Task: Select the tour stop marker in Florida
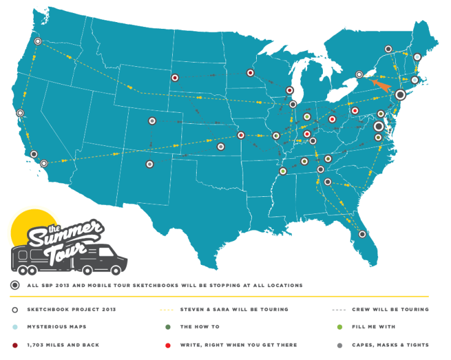(x=362, y=234)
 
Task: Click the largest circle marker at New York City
(x=400, y=94)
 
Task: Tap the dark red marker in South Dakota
(x=175, y=78)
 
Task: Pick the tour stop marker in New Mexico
(x=150, y=164)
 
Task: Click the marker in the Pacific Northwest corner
(x=38, y=42)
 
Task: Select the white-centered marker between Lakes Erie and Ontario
(x=360, y=75)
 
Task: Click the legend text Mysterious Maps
(x=56, y=327)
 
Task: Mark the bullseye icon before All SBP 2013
(x=13, y=285)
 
